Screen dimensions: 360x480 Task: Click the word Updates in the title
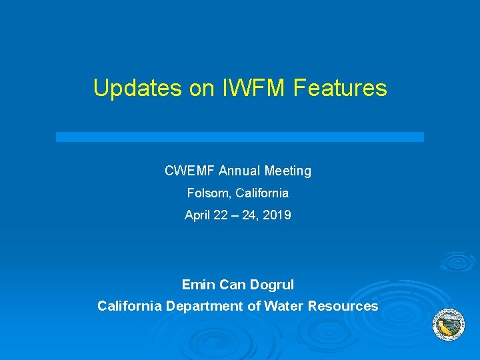[137, 88]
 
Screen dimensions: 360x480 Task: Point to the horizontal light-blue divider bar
[240, 137]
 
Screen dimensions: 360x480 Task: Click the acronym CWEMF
[187, 171]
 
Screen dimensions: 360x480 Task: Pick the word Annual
[239, 171]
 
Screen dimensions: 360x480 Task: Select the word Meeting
[288, 171]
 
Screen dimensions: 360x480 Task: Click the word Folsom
[206, 193]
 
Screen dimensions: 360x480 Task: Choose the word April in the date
[197, 215]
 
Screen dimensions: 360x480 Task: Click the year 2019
[278, 215]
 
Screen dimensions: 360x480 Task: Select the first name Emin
[198, 285]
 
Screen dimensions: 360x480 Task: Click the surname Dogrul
[271, 285]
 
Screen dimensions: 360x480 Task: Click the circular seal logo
[449, 325]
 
